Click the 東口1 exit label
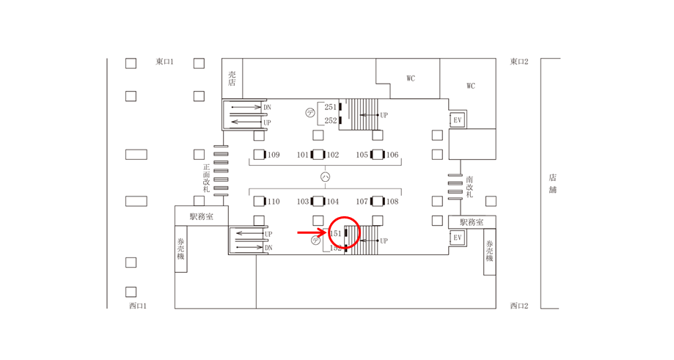pyautogui.click(x=164, y=62)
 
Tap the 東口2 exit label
pyautogui.click(x=519, y=62)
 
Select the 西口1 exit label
pyautogui.click(x=138, y=306)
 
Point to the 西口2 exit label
pyautogui.click(x=519, y=306)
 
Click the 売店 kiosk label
pyautogui.click(x=232, y=78)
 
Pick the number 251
pyautogui.click(x=331, y=107)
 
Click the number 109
pyautogui.click(x=274, y=155)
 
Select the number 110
pyautogui.click(x=274, y=202)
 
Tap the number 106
pyautogui.click(x=392, y=155)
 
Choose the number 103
pyautogui.click(x=303, y=202)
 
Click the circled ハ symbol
pyautogui.click(x=326, y=177)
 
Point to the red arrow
pyautogui.click(x=312, y=233)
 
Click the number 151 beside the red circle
pyautogui.click(x=335, y=233)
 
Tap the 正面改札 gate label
pyautogui.click(x=207, y=178)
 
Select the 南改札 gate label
pyautogui.click(x=469, y=186)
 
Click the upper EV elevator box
pyautogui.click(x=458, y=120)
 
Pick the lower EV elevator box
pyautogui.click(x=458, y=238)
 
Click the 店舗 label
pyautogui.click(x=553, y=183)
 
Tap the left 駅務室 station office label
pyautogui.click(x=202, y=216)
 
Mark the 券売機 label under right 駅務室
pyautogui.click(x=490, y=251)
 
